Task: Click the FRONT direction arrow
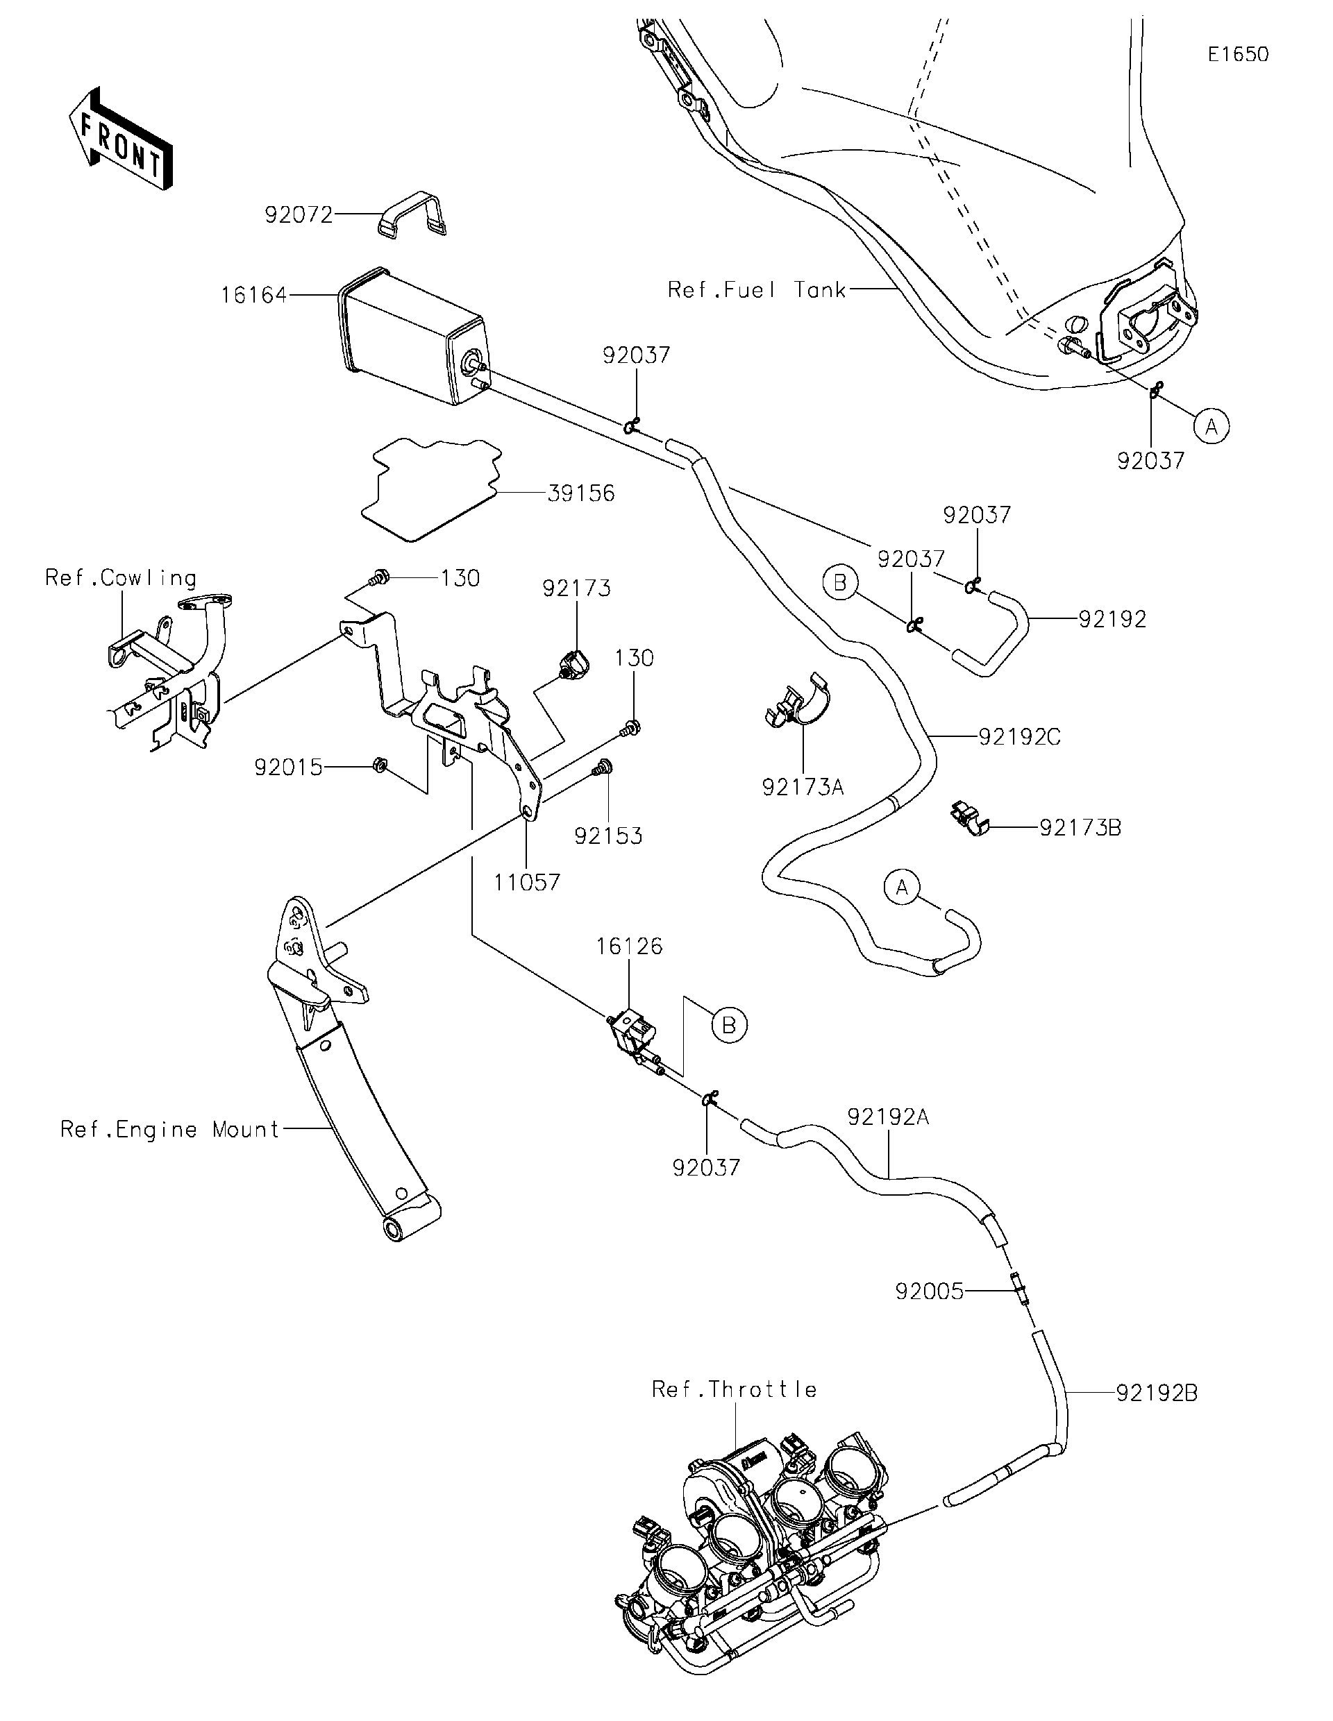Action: click(x=121, y=139)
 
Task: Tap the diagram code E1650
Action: click(x=1238, y=54)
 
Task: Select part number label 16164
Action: click(x=254, y=296)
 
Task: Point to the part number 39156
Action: click(x=581, y=493)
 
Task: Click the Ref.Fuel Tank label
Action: click(x=757, y=290)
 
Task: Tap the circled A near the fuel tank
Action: click(x=1212, y=426)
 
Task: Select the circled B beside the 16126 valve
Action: click(x=729, y=1025)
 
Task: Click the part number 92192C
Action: click(x=1019, y=737)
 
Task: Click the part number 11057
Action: click(x=526, y=882)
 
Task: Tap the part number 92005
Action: click(x=930, y=1291)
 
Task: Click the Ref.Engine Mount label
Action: click(x=170, y=1130)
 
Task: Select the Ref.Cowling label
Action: click(x=121, y=578)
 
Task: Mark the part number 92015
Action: click(x=289, y=767)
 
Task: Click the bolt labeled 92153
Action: click(x=603, y=767)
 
